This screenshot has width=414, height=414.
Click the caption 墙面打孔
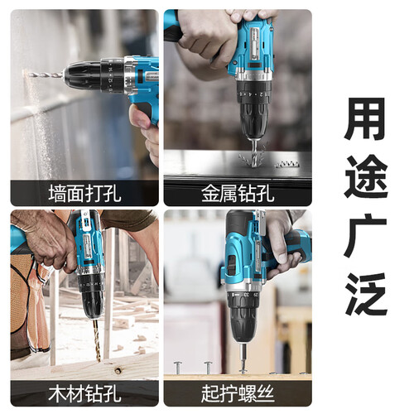84,194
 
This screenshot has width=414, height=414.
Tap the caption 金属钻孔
238,194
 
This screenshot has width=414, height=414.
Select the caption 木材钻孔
84,393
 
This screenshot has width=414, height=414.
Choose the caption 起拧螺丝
238,393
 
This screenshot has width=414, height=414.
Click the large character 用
366,118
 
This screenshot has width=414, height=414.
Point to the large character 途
366,176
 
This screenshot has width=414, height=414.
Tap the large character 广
366,234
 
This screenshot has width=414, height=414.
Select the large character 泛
366,294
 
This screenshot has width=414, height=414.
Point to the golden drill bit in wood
96,339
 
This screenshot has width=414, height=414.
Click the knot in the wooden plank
118,370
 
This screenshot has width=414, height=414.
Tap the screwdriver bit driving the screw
243,356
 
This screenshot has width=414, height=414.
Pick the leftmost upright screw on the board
177,368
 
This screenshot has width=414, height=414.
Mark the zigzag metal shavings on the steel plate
287,163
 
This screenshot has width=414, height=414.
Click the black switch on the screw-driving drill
231,266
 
